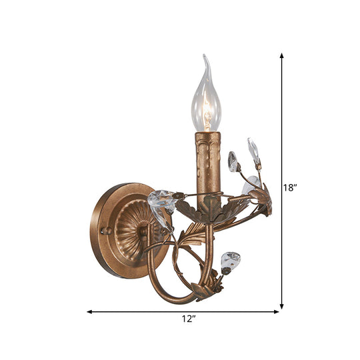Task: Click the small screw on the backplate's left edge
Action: [103, 231]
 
